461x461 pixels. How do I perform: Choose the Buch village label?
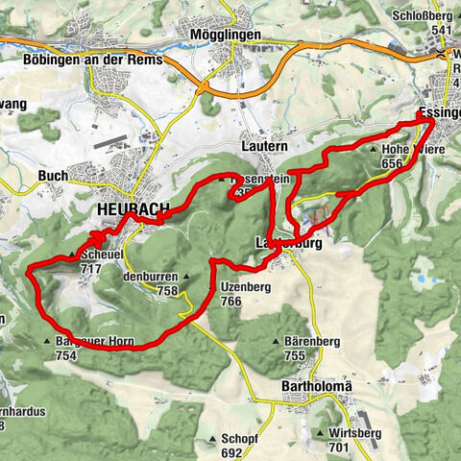tap(52, 176)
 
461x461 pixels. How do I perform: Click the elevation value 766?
tap(231, 301)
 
